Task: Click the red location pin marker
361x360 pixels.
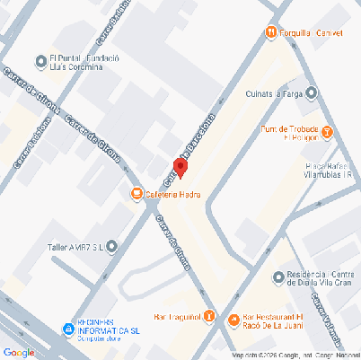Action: pyautogui.click(x=180, y=167)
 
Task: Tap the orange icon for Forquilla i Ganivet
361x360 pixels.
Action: pyautogui.click(x=271, y=33)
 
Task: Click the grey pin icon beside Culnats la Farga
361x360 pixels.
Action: pyautogui.click(x=312, y=92)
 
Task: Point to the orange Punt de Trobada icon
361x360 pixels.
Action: pyautogui.click(x=327, y=133)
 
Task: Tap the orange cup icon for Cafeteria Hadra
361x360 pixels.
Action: pyautogui.click(x=136, y=193)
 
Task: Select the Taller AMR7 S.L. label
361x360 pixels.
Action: pyautogui.click(x=76, y=246)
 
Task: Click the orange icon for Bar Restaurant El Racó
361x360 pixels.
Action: pyautogui.click(x=233, y=319)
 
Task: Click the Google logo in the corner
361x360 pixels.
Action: pyautogui.click(x=18, y=352)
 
